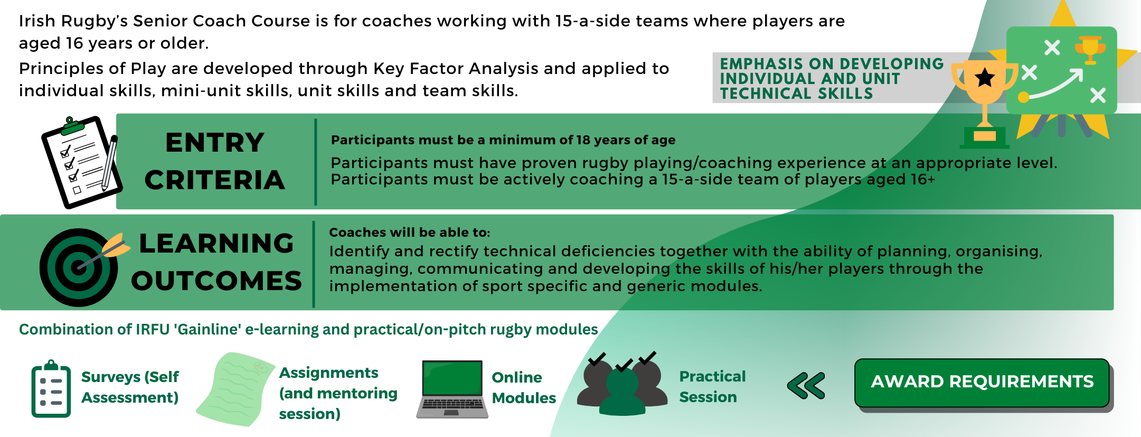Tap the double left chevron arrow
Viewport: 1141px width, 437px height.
(806, 385)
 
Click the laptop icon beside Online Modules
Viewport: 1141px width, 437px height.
(452, 389)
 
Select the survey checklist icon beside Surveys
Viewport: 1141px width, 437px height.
(51, 389)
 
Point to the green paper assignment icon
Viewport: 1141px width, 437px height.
(235, 389)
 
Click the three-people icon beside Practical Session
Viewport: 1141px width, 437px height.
(622, 384)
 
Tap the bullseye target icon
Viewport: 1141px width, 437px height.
(79, 267)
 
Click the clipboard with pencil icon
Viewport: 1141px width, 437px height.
(81, 162)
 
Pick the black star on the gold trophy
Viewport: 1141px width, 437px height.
(985, 78)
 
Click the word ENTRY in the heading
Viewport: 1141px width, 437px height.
(215, 143)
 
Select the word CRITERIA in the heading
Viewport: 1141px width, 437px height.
(215, 180)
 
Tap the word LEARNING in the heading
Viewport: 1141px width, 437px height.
(216, 244)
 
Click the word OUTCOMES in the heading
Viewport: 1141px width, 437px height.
(216, 281)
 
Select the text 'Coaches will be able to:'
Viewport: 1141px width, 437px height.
(410, 233)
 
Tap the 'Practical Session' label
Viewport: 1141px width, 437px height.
(712, 386)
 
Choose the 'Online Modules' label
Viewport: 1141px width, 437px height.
(524, 387)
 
